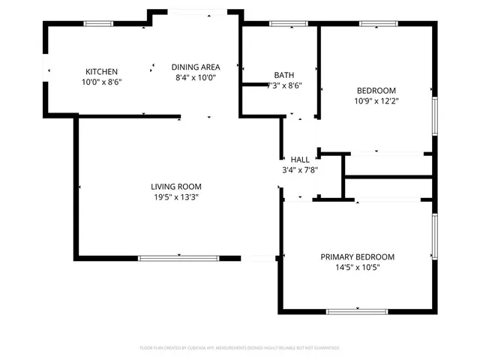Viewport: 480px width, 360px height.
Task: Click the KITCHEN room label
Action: (101, 70)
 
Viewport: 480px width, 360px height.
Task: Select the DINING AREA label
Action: (195, 67)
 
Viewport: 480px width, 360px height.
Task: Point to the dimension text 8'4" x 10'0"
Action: (195, 77)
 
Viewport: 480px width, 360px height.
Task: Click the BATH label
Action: (283, 75)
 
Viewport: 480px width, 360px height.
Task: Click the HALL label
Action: (300, 160)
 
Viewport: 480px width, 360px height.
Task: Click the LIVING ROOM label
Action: (176, 187)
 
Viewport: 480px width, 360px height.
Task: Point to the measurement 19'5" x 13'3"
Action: (176, 197)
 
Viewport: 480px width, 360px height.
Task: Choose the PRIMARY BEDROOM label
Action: (357, 256)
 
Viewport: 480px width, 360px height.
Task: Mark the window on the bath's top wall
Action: (283, 24)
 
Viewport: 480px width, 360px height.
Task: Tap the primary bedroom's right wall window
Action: (433, 236)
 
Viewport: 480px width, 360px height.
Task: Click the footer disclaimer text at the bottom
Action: (240, 348)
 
